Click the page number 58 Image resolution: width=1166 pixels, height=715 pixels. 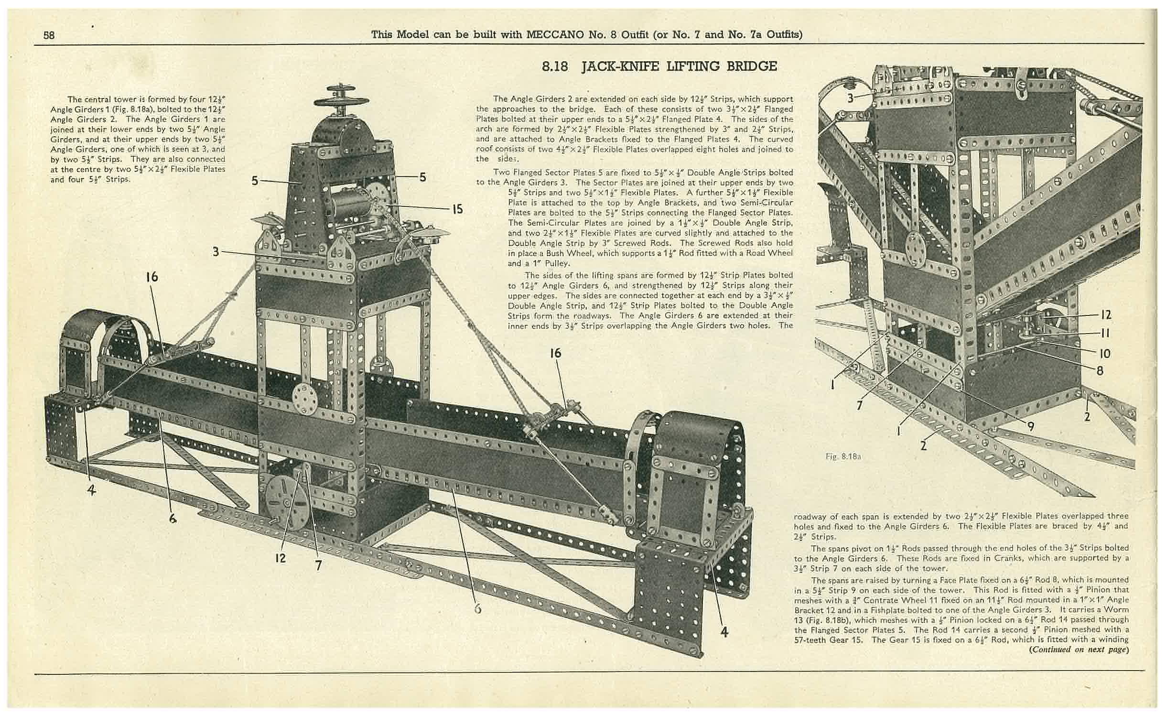click(x=49, y=35)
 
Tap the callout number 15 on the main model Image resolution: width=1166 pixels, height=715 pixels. click(x=457, y=209)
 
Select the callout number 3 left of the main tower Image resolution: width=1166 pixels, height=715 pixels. click(x=216, y=251)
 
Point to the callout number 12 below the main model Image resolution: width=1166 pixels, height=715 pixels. click(x=280, y=557)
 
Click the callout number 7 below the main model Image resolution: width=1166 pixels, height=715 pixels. click(x=318, y=565)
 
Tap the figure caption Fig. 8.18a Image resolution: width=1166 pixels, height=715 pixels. click(x=843, y=456)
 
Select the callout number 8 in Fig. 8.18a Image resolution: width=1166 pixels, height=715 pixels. click(x=1100, y=370)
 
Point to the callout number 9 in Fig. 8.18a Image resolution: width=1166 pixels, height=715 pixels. click(x=1031, y=425)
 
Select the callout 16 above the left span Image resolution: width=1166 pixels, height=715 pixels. click(x=152, y=277)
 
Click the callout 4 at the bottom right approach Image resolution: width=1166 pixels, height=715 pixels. click(x=724, y=632)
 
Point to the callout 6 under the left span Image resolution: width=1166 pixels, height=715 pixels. click(x=173, y=518)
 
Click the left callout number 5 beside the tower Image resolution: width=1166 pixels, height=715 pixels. click(x=255, y=181)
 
